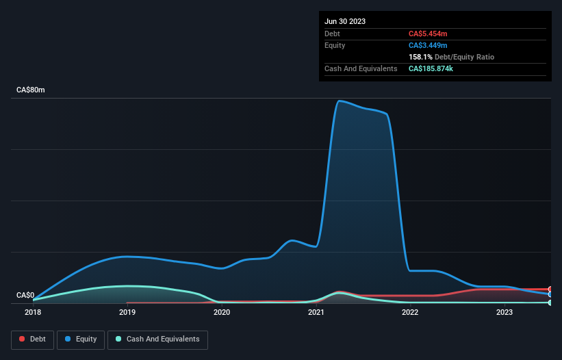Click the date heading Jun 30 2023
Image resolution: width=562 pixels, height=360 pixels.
pos(345,21)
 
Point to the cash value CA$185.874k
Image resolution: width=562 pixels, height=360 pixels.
pos(435,69)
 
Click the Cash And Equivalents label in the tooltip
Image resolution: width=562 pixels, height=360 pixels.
pos(361,69)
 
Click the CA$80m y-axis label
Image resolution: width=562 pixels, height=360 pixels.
pos(31,90)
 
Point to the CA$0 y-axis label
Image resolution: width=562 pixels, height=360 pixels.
pos(25,296)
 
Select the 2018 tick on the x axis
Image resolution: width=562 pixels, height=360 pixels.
pos(33,312)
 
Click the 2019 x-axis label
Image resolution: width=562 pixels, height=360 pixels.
pos(127,312)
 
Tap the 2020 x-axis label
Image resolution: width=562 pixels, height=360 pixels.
pos(221,312)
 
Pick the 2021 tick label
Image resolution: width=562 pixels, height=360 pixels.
pos(316,312)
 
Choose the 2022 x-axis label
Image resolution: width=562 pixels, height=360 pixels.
pos(410,312)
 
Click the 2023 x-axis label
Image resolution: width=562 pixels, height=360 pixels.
pos(504,312)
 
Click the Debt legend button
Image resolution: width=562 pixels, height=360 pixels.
pos(32,339)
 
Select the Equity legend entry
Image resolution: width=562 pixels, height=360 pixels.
pos(81,339)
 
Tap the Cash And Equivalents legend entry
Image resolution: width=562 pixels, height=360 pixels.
pos(157,339)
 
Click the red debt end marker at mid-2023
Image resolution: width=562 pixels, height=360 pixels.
pos(550,289)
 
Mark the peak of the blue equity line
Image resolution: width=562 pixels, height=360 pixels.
pos(339,101)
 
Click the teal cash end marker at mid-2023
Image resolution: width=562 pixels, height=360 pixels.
pos(550,303)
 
